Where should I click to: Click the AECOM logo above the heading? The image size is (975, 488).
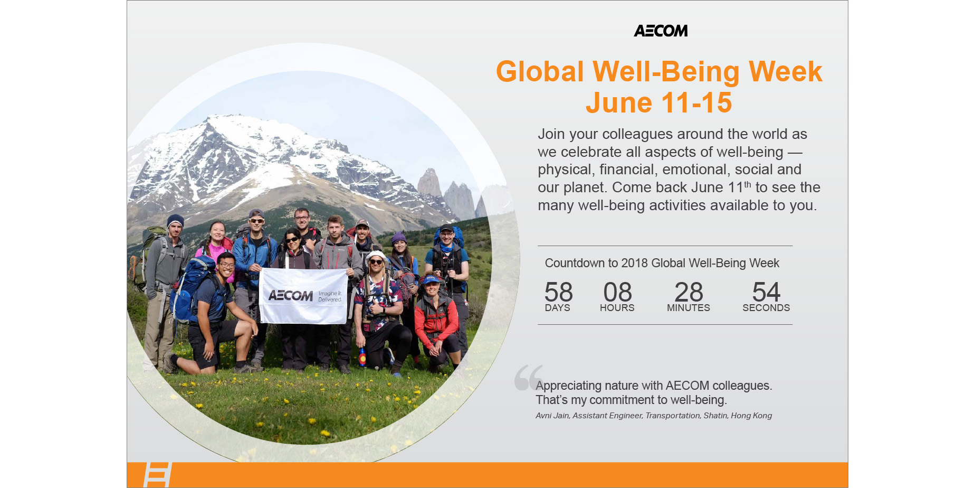[661, 31]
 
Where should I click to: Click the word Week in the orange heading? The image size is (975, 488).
[786, 71]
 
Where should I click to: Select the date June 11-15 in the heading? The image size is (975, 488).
[659, 102]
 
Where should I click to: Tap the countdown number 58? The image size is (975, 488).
[558, 292]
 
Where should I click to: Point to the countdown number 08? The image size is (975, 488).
[617, 292]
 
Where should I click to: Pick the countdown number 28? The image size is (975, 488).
[689, 292]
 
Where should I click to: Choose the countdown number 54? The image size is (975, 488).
[766, 292]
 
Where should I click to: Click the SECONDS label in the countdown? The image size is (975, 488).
[766, 308]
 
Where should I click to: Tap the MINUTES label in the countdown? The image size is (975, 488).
[689, 308]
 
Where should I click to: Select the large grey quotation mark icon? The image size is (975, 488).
[528, 377]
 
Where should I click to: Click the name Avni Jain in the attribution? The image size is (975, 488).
[552, 416]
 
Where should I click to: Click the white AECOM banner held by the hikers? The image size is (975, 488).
[303, 296]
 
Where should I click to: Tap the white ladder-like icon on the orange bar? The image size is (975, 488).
[158, 475]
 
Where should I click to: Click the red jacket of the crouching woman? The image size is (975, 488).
[436, 320]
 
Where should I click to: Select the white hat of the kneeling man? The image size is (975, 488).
[376, 256]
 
